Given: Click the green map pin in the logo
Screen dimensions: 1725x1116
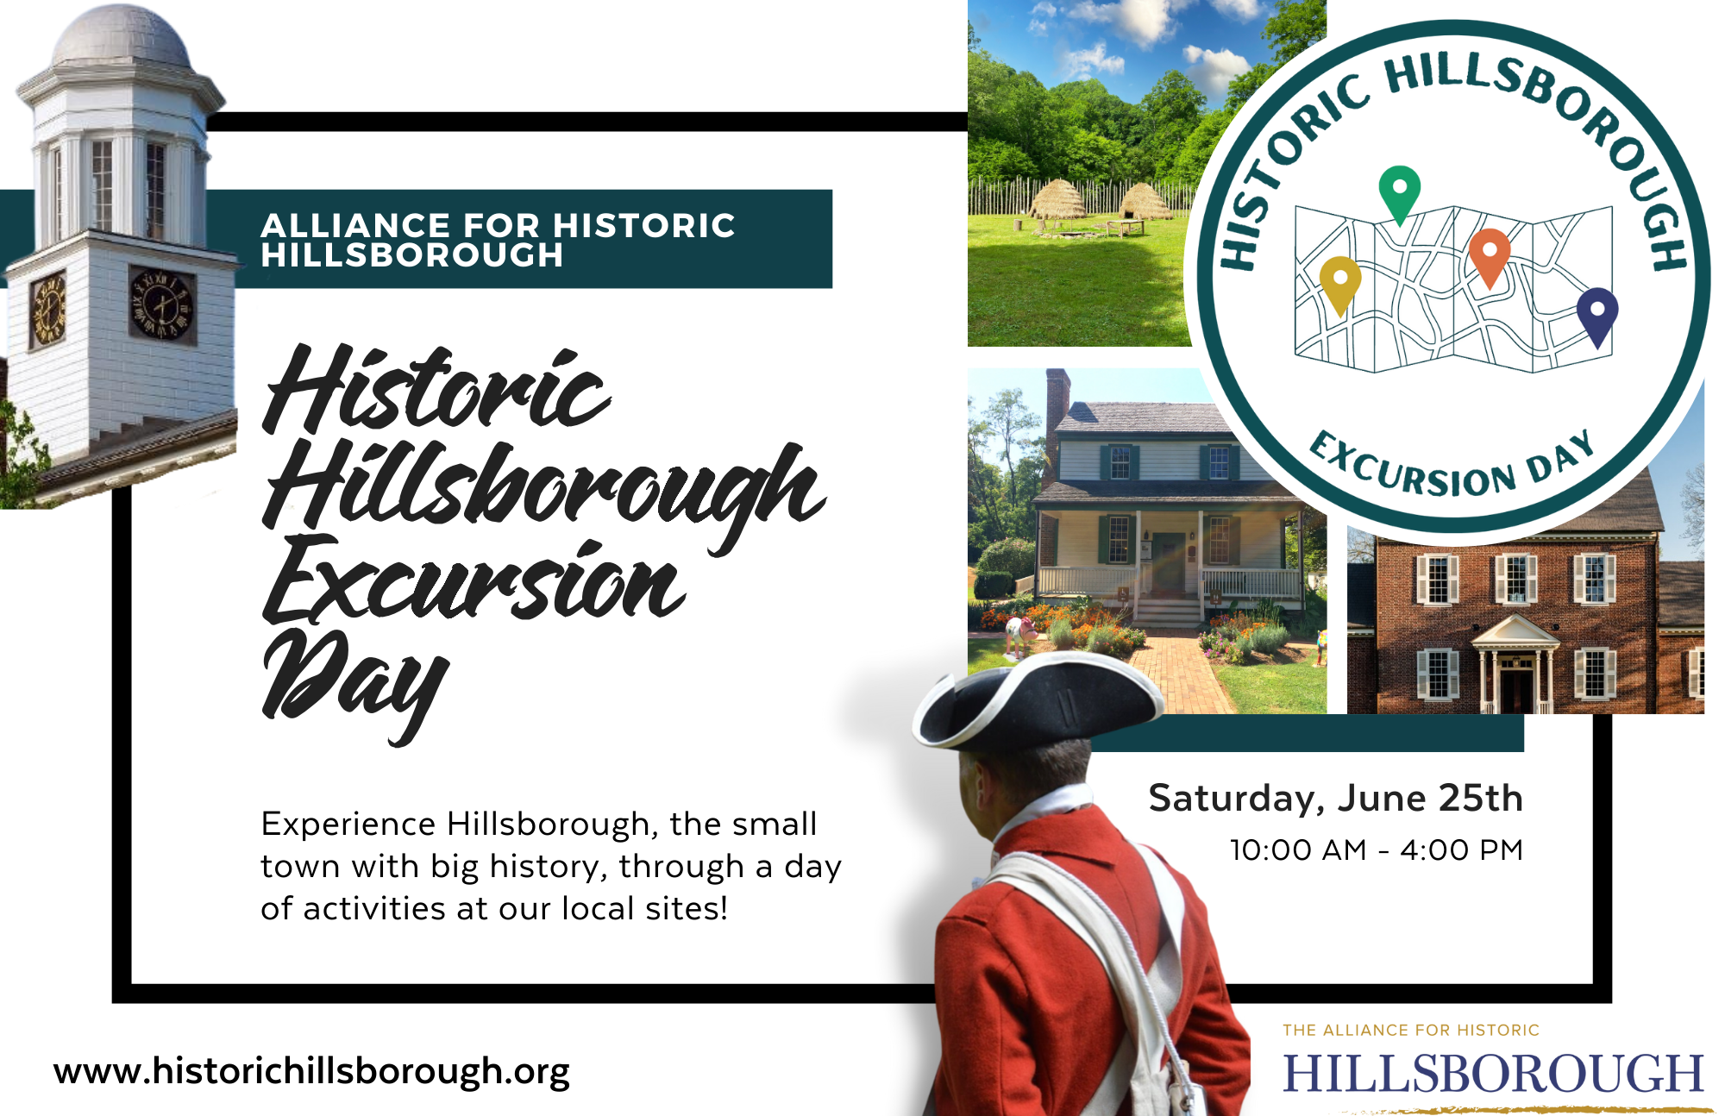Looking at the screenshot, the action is point(1399,191).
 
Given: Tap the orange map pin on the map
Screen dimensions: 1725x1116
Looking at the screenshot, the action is point(1490,255).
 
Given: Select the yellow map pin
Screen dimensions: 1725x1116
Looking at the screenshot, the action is point(1340,283).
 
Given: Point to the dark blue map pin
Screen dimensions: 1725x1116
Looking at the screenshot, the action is point(1597,315).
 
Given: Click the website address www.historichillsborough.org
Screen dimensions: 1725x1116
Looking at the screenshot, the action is point(311,1072).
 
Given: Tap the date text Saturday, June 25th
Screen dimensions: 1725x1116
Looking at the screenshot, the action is point(1335,799).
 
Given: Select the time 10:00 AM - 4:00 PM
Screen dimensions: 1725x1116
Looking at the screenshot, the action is point(1377,850).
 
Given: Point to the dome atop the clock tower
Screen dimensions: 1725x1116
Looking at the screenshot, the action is point(121,39).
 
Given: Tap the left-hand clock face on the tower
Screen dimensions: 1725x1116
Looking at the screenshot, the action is point(48,308).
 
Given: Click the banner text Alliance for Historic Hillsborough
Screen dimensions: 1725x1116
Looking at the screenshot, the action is point(498,240).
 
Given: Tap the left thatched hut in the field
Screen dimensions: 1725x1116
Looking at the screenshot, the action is point(1057,199).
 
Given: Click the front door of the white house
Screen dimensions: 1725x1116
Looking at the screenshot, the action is point(1170,564).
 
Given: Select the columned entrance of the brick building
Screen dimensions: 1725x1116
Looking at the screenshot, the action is point(1515,664).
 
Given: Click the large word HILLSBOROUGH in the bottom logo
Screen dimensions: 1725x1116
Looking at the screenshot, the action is point(1493,1074).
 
